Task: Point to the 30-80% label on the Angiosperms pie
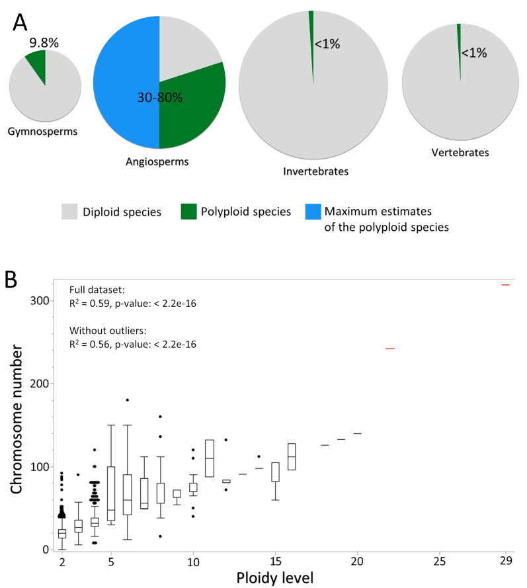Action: click(x=159, y=97)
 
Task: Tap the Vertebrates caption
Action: click(x=460, y=153)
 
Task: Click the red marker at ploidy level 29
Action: click(x=506, y=284)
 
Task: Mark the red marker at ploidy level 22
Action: click(x=390, y=349)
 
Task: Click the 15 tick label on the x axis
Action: click(x=276, y=561)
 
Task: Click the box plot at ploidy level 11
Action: click(x=210, y=458)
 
